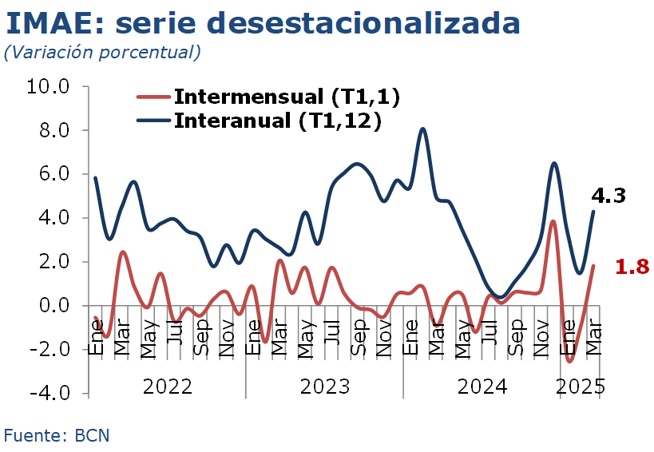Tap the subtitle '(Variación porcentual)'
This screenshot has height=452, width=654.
click(x=101, y=54)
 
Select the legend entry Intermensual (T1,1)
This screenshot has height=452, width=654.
click(x=286, y=97)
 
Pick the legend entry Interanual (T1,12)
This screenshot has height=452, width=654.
click(x=276, y=121)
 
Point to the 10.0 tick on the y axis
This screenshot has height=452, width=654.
click(x=50, y=86)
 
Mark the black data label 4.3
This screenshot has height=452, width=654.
click(x=608, y=196)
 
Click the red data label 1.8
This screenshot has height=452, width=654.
click(x=632, y=267)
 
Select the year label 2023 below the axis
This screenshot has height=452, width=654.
click(x=324, y=387)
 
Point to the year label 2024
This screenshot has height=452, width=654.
click(x=482, y=387)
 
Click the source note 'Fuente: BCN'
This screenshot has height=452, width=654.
click(x=57, y=436)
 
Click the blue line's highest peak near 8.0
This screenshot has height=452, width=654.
click(x=422, y=129)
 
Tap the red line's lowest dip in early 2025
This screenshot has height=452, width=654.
click(x=570, y=361)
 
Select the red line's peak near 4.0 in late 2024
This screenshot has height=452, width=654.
click(x=553, y=221)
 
